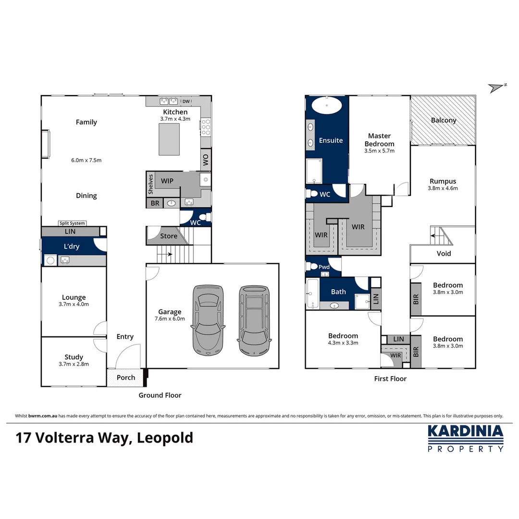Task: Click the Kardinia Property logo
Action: coord(465,438)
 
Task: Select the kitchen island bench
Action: coord(169,139)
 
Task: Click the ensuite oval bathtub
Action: coord(327,105)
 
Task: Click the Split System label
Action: coord(72,223)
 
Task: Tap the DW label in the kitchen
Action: coord(186,101)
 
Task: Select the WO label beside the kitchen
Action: coord(206,159)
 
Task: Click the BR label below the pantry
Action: coord(155,203)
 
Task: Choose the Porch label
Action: coord(126,377)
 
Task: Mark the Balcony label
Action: coord(443,120)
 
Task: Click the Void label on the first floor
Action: coord(443,253)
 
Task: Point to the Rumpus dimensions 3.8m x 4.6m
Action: coord(443,188)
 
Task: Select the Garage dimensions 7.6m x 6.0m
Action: coord(170,319)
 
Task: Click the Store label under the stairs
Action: coord(169,236)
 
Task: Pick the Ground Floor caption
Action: coord(160,395)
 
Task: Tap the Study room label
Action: coord(74,357)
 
